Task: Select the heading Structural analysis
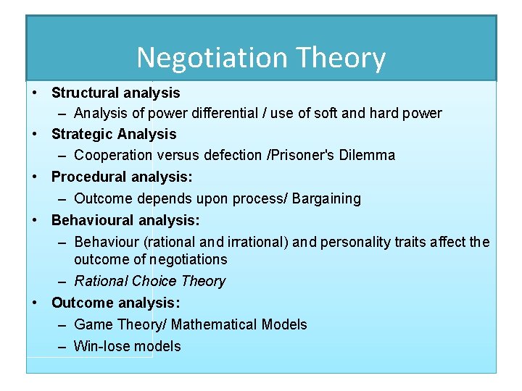point(115,93)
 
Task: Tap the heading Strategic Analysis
point(114,134)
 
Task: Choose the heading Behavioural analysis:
point(125,219)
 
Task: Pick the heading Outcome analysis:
point(116,303)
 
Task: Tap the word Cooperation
point(113,155)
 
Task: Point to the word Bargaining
point(326,198)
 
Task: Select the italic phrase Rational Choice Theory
point(149,281)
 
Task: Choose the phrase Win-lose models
point(127,346)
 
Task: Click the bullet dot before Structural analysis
point(35,93)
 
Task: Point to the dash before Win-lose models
point(64,346)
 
